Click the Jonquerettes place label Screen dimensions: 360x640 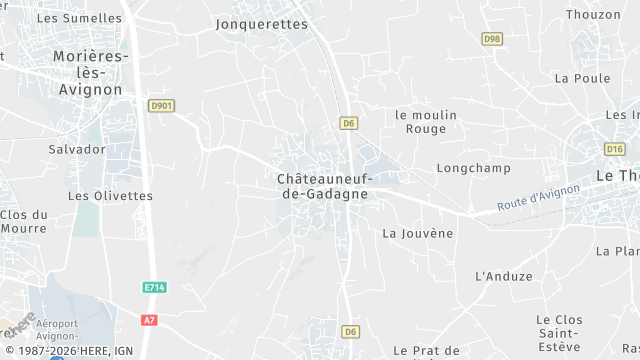[262, 24]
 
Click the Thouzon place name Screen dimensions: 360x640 [593, 14]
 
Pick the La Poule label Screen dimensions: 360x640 [582, 78]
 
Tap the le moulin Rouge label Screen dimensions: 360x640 [426, 121]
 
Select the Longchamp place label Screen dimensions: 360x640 [473, 168]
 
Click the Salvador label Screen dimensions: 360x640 [77, 149]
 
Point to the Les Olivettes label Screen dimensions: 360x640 [110, 196]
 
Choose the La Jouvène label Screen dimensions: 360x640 [418, 233]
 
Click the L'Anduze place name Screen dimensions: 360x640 [504, 276]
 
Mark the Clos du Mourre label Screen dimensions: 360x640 [23, 221]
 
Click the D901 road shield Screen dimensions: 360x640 [160, 105]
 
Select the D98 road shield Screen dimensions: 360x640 [491, 39]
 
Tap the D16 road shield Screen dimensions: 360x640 [615, 149]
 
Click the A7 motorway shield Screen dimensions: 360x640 [150, 320]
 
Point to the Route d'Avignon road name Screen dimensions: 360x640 [538, 200]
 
